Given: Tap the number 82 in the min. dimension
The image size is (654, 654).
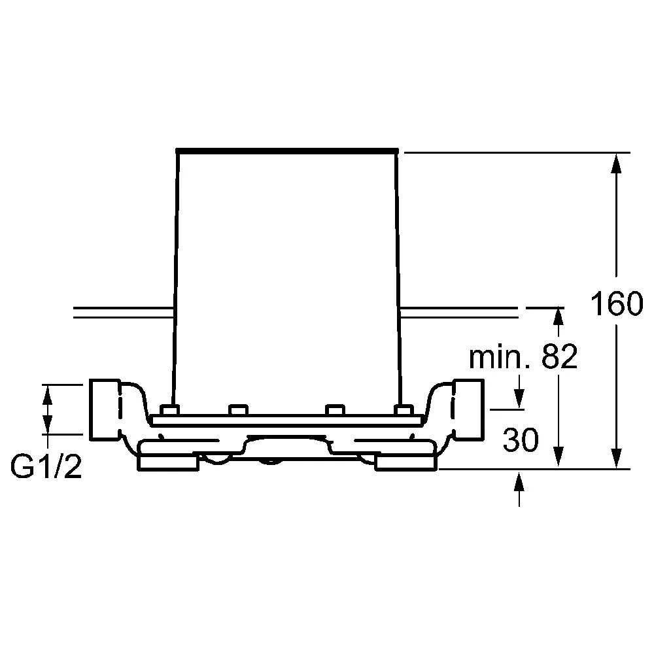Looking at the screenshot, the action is [559, 356].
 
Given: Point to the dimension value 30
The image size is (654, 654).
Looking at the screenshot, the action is [521, 439].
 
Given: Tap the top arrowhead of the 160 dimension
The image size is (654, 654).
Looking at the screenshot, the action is [616, 163].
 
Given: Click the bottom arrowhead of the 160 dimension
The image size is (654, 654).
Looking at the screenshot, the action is [616, 458].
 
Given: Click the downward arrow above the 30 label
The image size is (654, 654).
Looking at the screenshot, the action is [519, 392].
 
